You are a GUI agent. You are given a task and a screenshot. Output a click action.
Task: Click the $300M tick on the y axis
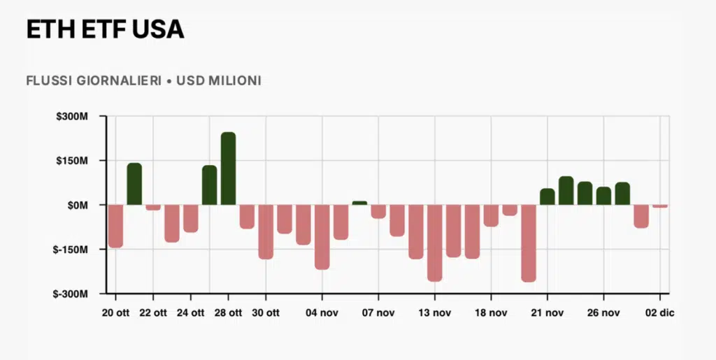click(x=73, y=116)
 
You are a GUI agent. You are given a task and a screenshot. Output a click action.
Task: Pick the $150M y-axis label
click(x=73, y=161)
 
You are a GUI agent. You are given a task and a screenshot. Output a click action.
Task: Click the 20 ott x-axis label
click(x=115, y=312)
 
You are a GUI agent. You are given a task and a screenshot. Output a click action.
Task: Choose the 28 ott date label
click(x=228, y=312)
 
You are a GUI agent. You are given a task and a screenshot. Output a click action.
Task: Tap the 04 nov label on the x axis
click(x=322, y=312)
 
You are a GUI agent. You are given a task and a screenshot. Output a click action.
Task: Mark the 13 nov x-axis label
click(x=434, y=312)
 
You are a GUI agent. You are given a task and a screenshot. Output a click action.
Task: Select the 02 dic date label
click(x=659, y=312)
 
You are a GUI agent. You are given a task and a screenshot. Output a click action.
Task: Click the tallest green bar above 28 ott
click(x=228, y=168)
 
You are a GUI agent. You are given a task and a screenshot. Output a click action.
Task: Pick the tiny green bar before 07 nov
click(x=359, y=203)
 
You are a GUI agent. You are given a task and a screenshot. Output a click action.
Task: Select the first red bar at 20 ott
click(x=115, y=226)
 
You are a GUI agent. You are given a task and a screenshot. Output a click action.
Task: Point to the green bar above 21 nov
click(x=547, y=196)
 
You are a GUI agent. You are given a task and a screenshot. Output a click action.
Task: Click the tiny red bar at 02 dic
click(x=659, y=206)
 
